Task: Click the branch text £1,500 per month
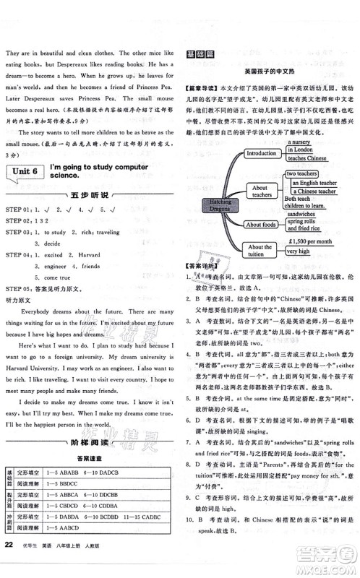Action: (309, 241)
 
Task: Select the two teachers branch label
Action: (304, 174)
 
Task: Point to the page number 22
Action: (10, 564)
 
